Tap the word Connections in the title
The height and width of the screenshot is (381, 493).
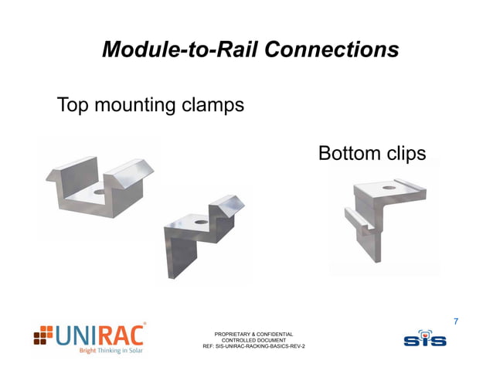[x=331, y=50]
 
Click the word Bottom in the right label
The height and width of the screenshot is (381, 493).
[x=349, y=154]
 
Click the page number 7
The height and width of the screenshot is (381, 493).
[x=456, y=320]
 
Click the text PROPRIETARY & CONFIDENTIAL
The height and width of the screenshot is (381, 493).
[x=253, y=334]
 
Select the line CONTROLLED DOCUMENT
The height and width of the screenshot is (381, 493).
[x=253, y=340]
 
